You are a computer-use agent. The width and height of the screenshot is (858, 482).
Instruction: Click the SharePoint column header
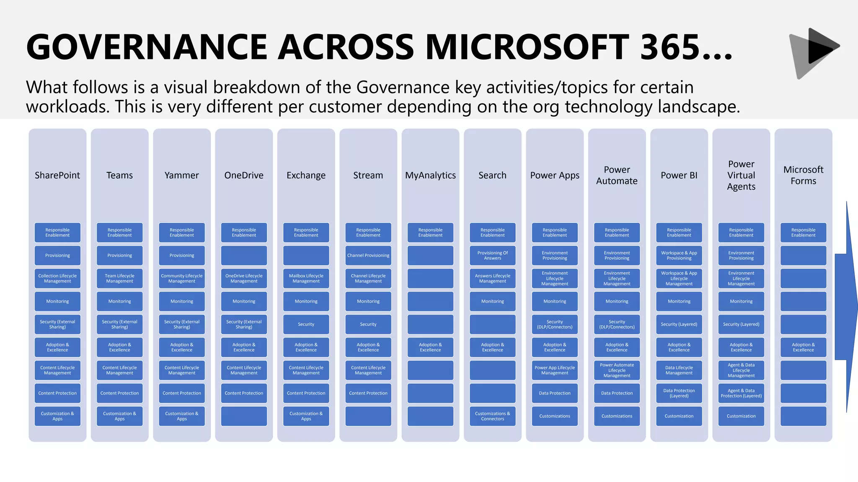57,175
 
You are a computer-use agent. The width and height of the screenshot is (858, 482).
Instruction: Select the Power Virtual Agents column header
741,175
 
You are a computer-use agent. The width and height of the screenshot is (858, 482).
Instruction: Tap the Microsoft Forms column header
803,175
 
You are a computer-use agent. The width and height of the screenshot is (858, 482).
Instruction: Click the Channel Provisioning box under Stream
368,255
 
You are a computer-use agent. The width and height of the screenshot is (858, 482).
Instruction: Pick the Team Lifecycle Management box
119,278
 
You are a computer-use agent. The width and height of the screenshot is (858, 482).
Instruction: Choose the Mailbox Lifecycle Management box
306,278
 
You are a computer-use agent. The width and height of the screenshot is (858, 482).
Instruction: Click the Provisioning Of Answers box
492,255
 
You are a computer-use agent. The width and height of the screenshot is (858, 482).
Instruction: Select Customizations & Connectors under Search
492,416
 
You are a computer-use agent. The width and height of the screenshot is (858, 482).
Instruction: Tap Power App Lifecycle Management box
555,370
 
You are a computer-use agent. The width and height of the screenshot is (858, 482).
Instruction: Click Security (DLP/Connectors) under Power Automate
617,324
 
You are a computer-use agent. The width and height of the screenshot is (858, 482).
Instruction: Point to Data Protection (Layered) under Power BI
679,393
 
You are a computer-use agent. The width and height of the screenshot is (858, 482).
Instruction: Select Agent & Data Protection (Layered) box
741,393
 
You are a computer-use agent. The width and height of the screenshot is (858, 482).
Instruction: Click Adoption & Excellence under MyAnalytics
430,347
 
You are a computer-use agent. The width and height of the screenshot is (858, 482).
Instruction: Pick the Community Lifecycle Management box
182,278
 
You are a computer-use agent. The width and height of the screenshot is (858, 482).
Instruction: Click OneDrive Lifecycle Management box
244,278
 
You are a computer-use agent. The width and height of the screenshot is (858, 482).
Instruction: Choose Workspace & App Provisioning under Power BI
679,255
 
